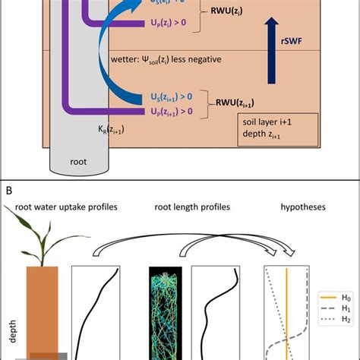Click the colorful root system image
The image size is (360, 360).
pos(164,311)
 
